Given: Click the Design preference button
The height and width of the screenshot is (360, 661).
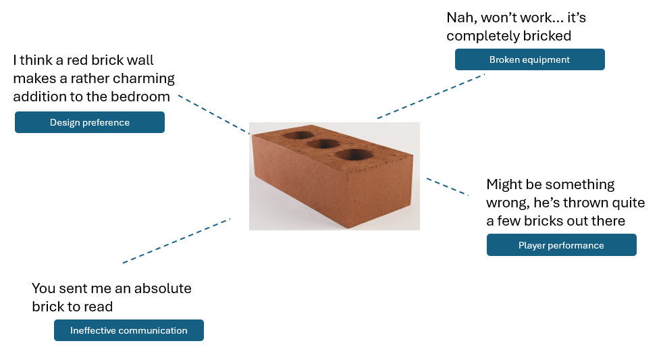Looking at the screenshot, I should pos(89,122).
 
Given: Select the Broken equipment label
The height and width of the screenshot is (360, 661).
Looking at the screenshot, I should pos(529,59).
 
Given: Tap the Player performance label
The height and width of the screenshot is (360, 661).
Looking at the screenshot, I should pos(561,245).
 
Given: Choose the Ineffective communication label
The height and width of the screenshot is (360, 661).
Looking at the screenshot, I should pos(128,330).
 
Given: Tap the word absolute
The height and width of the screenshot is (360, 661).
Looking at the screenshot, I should pos(162,288).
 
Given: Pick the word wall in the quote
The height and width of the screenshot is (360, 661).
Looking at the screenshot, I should pos(148,60).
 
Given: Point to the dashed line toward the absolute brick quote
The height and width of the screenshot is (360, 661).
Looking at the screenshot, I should pos(176,240).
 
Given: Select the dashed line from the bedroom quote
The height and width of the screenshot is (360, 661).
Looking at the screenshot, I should pos(213,114).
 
